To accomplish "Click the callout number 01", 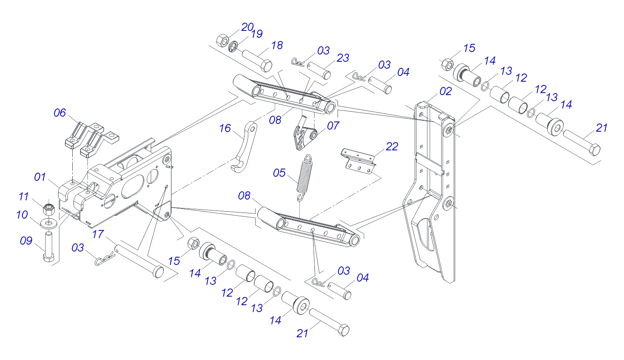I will (x=40, y=177).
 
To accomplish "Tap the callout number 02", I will (x=445, y=91).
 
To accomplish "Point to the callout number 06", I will (x=60, y=113).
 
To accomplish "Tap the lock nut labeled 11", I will (x=49, y=209).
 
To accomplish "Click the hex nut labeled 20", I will (x=222, y=40).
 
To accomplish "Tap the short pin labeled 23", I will (x=318, y=69).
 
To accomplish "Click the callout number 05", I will (x=279, y=173).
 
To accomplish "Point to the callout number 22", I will (x=392, y=147).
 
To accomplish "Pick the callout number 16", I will (x=225, y=128).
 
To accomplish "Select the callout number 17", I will (x=98, y=234).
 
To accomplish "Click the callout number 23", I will (x=342, y=58).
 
